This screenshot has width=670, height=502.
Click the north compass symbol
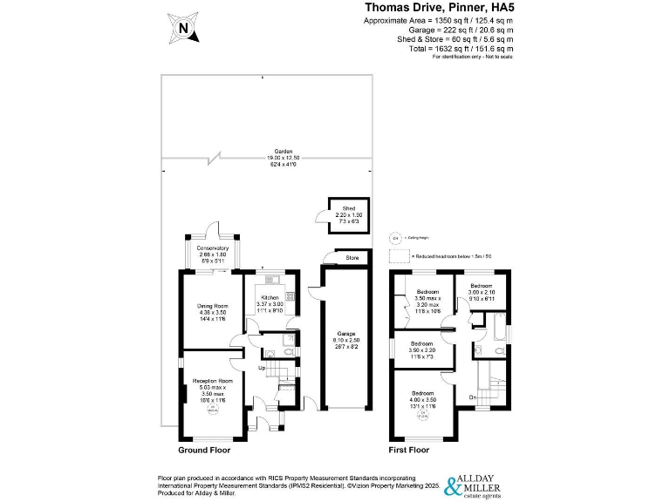click(184, 27)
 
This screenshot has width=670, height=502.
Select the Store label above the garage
click(352, 257)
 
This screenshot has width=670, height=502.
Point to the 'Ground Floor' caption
click(204, 451)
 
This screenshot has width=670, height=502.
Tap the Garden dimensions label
click(283, 157)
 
